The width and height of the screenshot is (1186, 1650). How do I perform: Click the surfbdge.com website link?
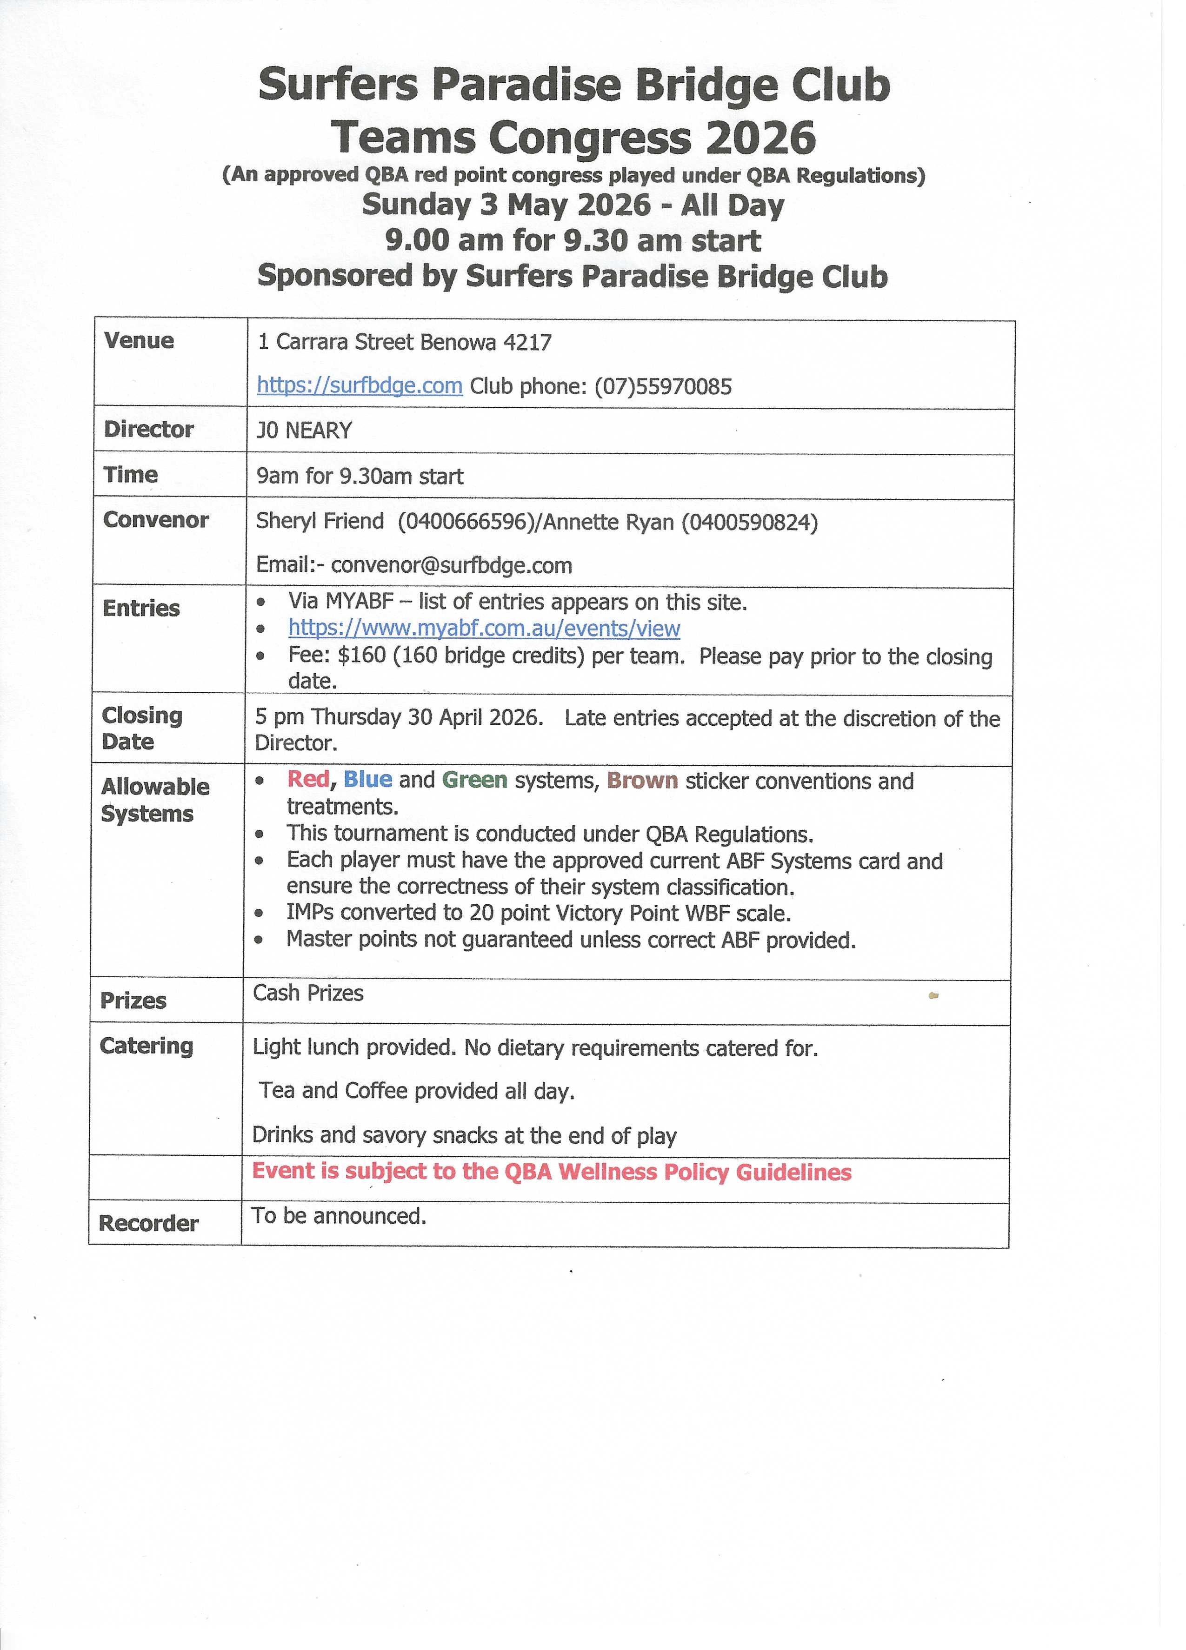click(x=360, y=385)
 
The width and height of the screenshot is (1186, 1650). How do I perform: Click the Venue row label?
click(x=139, y=340)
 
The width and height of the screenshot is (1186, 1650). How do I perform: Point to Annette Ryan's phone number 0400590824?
click(x=749, y=523)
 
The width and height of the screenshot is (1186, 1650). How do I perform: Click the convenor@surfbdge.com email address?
click(x=451, y=565)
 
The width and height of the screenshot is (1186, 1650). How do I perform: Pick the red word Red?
click(x=308, y=779)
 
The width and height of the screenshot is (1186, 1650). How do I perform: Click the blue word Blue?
click(x=367, y=779)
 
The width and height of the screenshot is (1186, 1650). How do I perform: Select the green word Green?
click(x=474, y=780)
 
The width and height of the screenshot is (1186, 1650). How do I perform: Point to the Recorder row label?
click(x=148, y=1223)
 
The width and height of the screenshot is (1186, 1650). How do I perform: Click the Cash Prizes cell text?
click(x=308, y=993)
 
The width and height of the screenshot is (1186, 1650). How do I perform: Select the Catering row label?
click(x=146, y=1046)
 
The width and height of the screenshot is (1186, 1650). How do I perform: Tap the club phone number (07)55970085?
click(x=663, y=386)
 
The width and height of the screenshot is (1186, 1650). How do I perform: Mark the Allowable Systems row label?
click(x=154, y=800)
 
